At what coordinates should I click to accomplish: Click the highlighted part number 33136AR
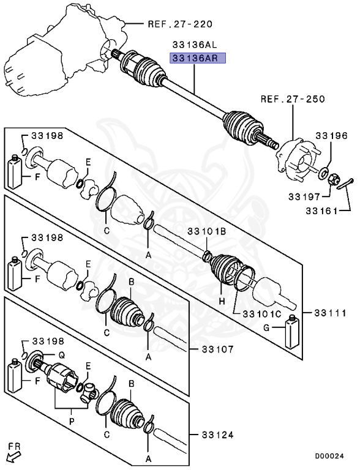(198, 59)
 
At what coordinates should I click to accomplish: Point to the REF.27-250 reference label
(293, 99)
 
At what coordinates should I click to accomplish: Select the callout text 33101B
(206, 231)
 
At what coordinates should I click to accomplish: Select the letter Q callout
(61, 356)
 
